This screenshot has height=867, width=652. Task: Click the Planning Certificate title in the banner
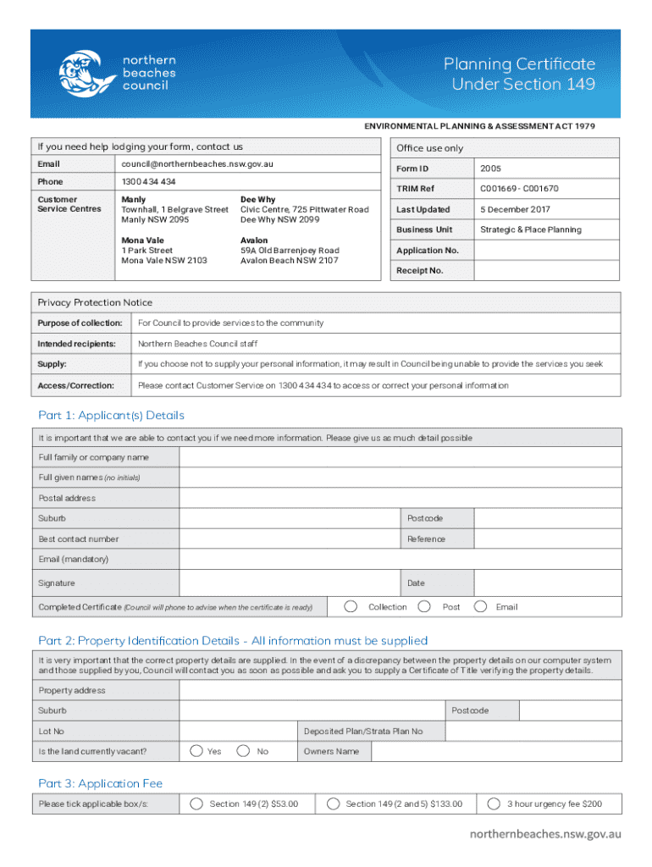click(x=522, y=74)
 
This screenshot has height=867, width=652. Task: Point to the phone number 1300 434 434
click(x=149, y=182)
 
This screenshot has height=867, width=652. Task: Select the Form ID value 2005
click(x=491, y=168)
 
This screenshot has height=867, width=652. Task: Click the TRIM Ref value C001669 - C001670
click(x=519, y=189)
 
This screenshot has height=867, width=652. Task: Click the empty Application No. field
click(x=547, y=251)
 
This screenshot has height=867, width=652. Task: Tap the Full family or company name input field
click(x=400, y=457)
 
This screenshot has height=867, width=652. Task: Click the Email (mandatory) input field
click(x=400, y=559)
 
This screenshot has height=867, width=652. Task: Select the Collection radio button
click(x=350, y=606)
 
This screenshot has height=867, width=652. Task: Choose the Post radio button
click(x=425, y=606)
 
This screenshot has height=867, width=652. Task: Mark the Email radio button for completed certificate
click(x=480, y=606)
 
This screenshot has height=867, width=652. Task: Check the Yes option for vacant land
click(x=196, y=751)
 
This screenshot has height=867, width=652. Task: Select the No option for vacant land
click(x=244, y=751)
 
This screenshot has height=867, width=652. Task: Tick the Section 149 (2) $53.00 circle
click(x=196, y=803)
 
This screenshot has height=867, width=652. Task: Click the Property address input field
click(x=400, y=690)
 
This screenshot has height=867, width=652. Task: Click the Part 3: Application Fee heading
click(x=100, y=783)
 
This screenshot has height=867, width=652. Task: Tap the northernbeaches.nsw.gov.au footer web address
click(x=545, y=834)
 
